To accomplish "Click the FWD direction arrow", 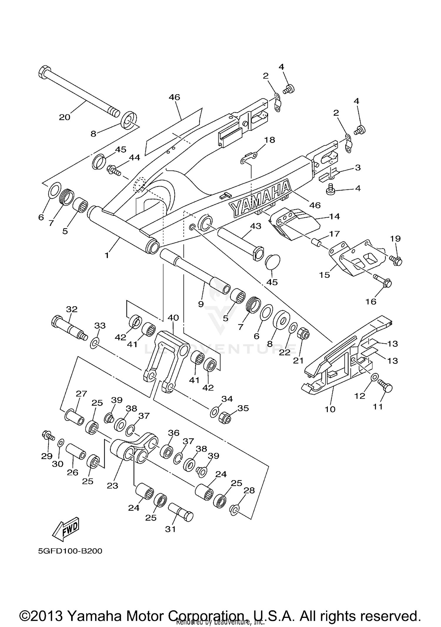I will click(x=66, y=529).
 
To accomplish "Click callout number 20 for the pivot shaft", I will click(x=65, y=117).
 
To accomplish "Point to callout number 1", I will click(x=107, y=255).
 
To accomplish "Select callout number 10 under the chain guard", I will click(x=330, y=409).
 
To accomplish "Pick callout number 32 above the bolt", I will click(x=71, y=309).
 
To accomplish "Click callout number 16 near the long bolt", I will click(x=371, y=301).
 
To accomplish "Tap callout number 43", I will click(x=255, y=226).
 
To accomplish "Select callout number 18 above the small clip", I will click(x=270, y=140).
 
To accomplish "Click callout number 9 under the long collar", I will click(x=201, y=304).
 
